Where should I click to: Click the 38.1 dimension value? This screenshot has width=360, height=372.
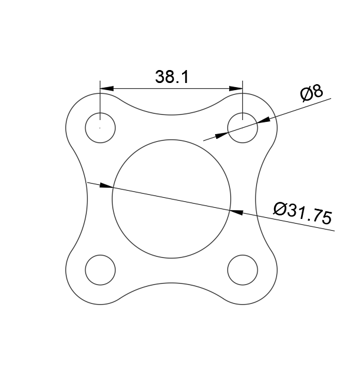point(171,77)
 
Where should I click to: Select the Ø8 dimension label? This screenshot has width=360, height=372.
point(311,93)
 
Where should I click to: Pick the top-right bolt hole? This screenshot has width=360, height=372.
point(243,128)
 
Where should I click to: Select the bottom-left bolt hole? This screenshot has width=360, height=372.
point(100,270)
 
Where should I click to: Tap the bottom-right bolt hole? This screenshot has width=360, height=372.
point(243,270)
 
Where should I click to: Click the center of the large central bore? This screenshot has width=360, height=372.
point(171,199)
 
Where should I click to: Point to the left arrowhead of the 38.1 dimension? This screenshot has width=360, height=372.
point(106,89)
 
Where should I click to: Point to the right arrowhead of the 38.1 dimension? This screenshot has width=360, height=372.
point(237,89)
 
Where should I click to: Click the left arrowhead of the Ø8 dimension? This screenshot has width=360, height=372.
point(222,135)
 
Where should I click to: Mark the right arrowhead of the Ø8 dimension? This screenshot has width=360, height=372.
point(263,120)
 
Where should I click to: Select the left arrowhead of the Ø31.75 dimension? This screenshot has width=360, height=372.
point(105,185)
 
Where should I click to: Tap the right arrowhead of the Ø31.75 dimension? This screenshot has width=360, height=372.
point(237,210)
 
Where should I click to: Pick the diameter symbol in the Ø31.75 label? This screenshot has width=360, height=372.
point(280,208)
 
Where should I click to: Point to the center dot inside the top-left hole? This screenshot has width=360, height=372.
point(100,128)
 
